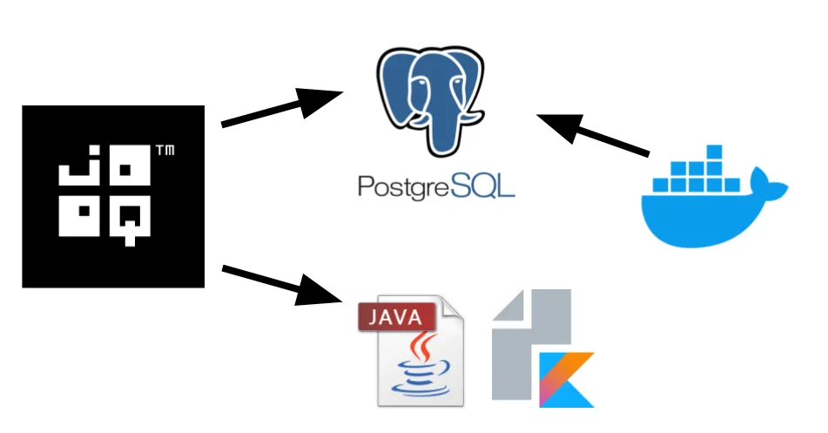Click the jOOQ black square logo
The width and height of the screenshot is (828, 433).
point(113,196)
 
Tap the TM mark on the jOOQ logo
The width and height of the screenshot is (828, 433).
point(164,152)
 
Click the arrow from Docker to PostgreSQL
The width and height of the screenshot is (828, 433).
point(593,136)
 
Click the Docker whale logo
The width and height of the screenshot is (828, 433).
point(710,200)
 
